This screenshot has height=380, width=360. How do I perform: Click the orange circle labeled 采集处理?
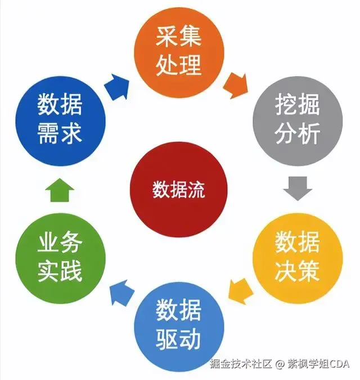click(x=178, y=51)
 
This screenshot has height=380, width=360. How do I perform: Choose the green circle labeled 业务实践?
click(x=60, y=257)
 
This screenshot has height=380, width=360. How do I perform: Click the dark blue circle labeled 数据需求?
click(x=60, y=119)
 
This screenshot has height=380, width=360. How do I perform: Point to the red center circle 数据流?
click(x=178, y=190)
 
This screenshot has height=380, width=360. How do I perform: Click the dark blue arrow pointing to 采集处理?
click(x=117, y=85)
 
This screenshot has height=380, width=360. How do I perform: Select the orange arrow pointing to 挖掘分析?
click(x=235, y=85)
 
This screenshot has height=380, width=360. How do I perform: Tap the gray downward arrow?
click(x=297, y=187)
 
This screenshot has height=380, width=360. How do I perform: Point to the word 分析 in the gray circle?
click(x=298, y=134)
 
